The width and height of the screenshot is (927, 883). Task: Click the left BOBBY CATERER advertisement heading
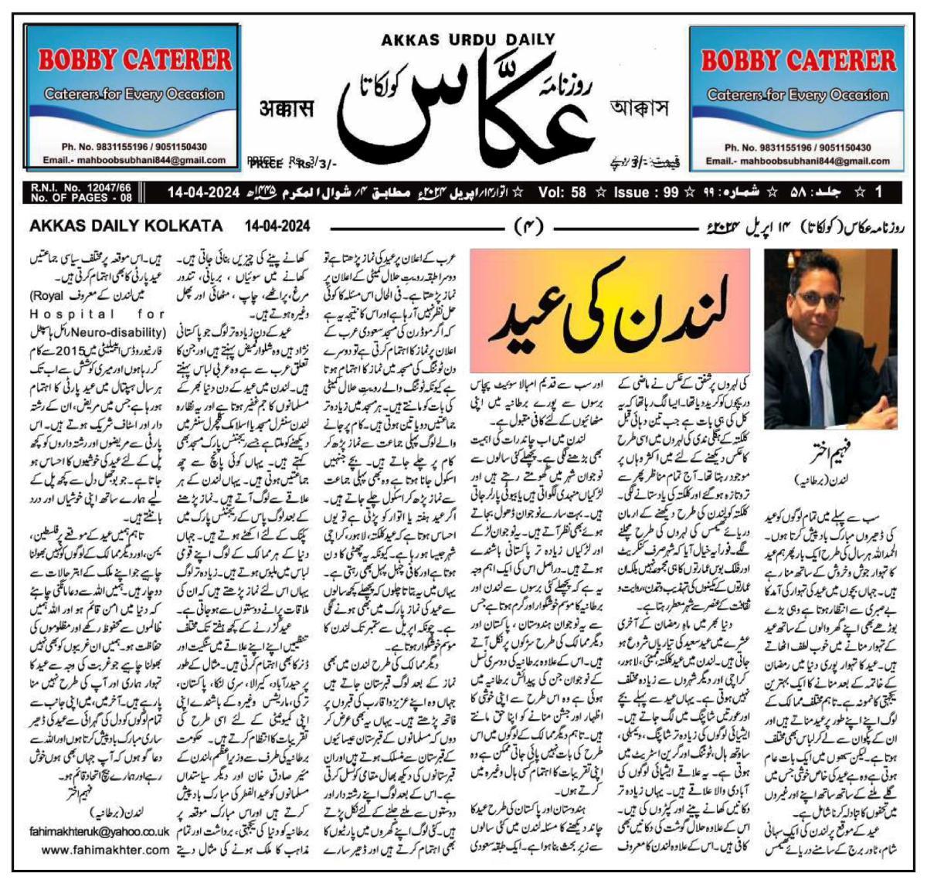tap(134, 59)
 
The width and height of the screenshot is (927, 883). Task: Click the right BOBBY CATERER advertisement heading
tap(798, 59)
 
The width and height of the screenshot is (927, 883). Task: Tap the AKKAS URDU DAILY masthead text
tap(468, 39)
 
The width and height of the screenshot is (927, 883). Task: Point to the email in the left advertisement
tap(134, 161)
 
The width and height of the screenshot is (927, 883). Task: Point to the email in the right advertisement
tap(797, 161)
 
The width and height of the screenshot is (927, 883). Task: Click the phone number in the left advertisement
tap(134, 147)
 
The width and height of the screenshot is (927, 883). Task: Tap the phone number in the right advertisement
tap(797, 147)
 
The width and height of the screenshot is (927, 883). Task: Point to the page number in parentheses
tap(529, 226)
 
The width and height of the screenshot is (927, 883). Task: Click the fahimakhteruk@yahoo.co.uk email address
tap(97, 832)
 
